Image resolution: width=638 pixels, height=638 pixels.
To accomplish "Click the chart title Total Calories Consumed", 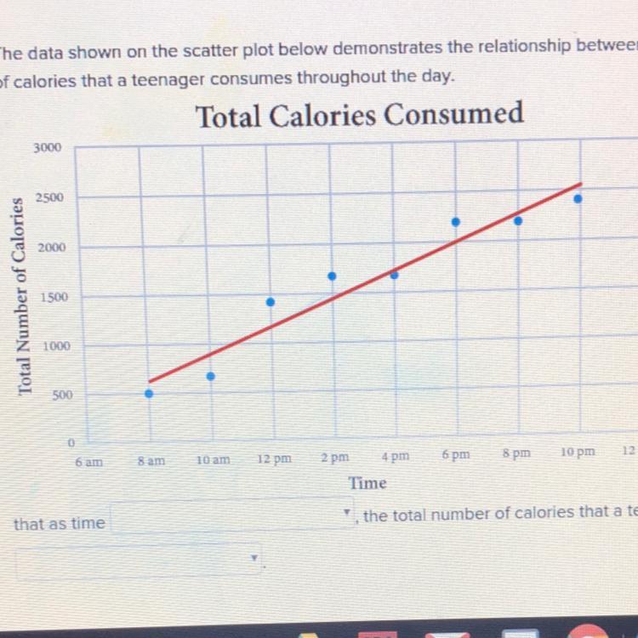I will [359, 115].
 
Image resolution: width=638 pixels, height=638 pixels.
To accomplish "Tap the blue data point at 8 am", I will [149, 393].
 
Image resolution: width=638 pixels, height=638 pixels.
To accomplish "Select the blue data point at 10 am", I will [211, 375].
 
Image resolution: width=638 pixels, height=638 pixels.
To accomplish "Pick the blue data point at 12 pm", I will [271, 302].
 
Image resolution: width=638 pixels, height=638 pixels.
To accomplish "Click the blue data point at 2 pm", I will [332, 276].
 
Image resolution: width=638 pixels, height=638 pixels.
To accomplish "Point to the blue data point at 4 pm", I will [395, 275].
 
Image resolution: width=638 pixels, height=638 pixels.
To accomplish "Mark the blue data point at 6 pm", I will [456, 221].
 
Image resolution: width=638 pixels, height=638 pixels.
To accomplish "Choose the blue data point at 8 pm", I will [518, 220].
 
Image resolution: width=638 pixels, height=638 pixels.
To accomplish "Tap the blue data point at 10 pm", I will [578, 199].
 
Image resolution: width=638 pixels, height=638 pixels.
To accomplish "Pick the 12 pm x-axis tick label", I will [273, 459].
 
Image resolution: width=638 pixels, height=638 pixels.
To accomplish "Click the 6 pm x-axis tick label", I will [456, 455].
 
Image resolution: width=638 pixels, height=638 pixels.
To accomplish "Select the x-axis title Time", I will [367, 483].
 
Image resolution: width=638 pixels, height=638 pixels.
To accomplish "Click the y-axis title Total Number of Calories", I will [25, 296].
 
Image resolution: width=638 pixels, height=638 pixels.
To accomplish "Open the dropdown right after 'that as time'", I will [232, 516].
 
